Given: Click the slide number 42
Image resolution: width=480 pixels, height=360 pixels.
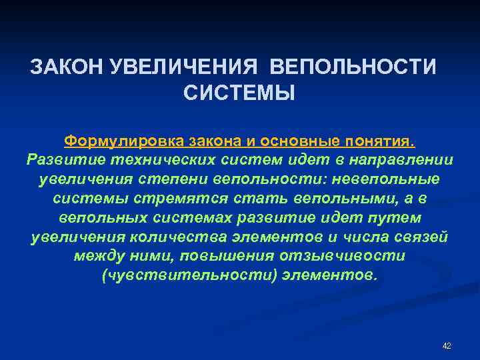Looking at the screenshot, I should tap(447, 345).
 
